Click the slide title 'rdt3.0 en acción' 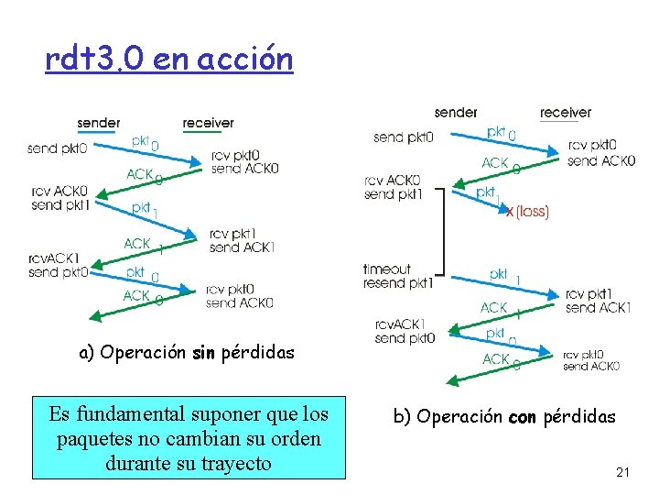point(169,60)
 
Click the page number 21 point(623,472)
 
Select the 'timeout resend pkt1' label point(397,276)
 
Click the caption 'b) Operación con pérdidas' point(504,416)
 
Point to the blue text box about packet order point(189,436)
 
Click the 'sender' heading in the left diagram point(99,123)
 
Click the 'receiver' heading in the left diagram point(208,123)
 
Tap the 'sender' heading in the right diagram point(456,113)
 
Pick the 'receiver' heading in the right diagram point(565,113)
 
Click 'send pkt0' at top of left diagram point(57,148)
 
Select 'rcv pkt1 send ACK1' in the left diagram point(242,240)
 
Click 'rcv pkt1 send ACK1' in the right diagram point(598,301)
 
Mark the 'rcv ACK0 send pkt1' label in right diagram point(392,187)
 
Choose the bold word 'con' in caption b point(523,416)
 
